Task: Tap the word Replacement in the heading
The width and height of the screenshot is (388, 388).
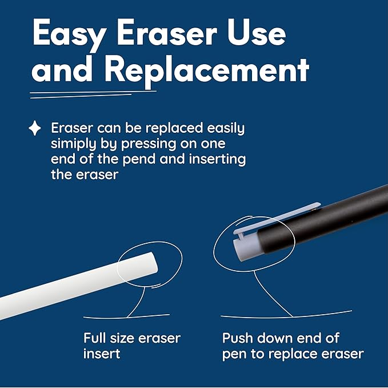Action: coord(206,72)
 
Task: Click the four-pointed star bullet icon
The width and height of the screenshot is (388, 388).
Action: coord(35,128)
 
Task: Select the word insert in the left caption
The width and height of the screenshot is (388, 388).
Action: coord(102,354)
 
